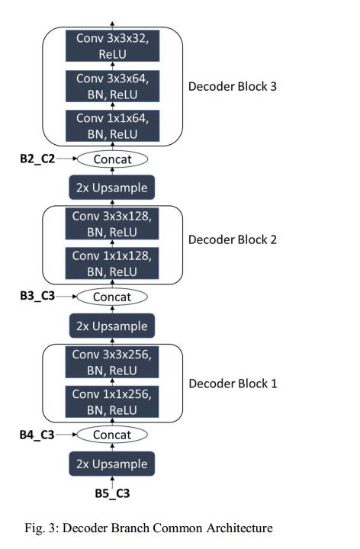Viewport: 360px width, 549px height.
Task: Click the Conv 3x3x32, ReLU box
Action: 113,47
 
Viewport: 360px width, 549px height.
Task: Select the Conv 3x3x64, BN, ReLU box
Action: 113,86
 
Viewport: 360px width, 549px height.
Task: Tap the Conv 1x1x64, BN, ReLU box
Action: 113,126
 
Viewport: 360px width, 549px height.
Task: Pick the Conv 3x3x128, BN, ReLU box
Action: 112,224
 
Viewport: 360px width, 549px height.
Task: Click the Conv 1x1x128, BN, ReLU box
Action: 112,263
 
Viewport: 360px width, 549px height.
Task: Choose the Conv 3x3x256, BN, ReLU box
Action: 112,362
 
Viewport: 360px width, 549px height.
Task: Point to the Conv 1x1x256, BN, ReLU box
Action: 112,402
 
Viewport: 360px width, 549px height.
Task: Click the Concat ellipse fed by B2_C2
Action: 112,159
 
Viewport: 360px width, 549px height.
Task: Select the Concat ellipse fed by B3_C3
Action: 112,297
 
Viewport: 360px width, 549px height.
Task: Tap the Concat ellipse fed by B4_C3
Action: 112,435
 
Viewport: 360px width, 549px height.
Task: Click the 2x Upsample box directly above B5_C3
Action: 112,464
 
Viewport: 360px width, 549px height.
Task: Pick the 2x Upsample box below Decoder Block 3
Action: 112,188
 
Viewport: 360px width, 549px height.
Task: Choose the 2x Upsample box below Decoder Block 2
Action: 112,326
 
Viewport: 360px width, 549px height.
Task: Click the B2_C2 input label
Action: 37,159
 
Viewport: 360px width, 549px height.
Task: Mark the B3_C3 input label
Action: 37,297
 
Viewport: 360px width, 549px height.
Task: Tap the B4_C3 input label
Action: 37,435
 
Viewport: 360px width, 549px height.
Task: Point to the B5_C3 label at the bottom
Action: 112,493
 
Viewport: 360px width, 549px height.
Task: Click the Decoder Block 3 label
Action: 232,86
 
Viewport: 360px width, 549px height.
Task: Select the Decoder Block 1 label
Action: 232,384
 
